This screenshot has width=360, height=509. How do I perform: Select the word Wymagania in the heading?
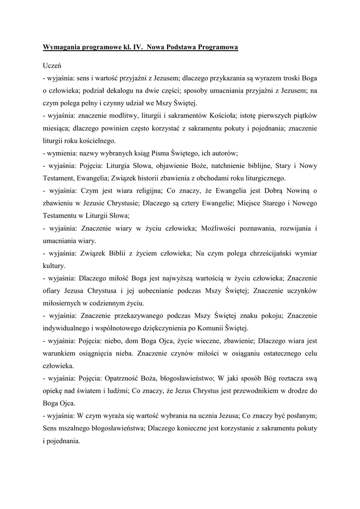click(63, 47)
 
